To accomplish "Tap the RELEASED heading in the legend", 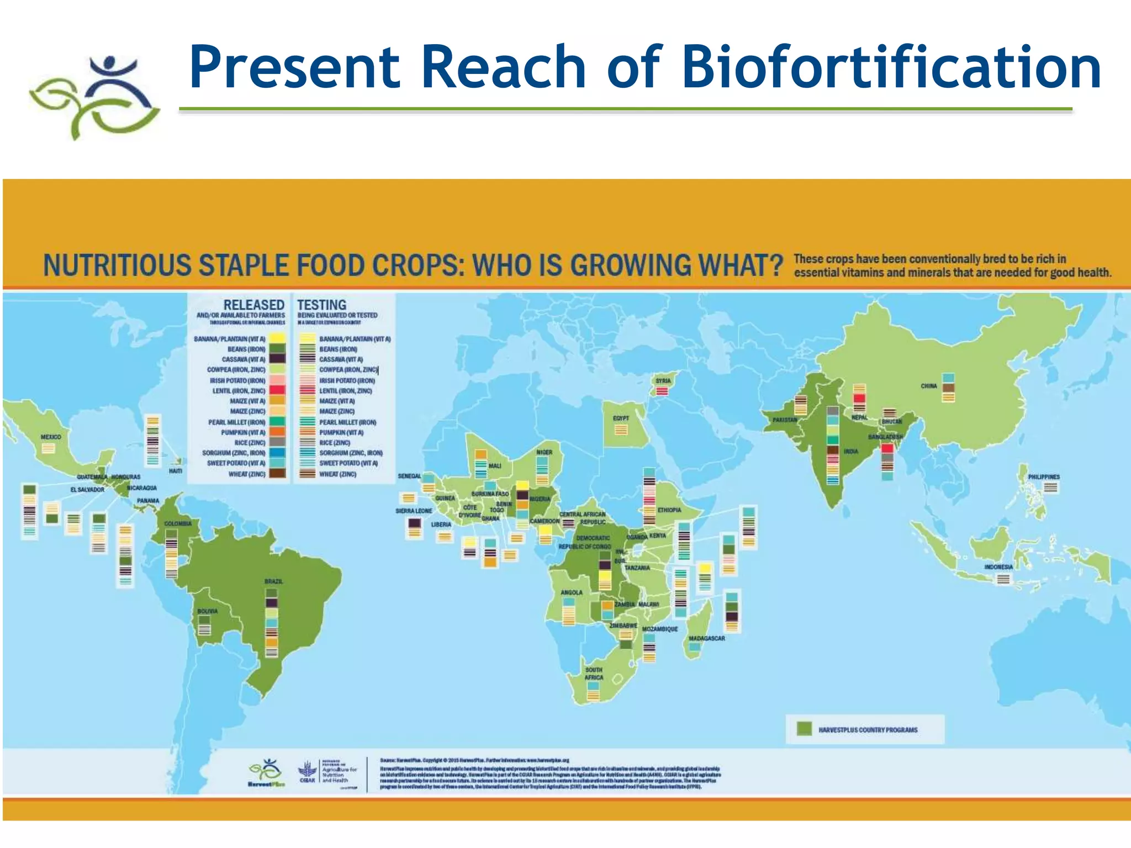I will coord(253,305).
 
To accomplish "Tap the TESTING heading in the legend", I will coord(321,305).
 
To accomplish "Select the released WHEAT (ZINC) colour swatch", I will coord(277,474).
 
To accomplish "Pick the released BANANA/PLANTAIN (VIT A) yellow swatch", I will coord(277,338).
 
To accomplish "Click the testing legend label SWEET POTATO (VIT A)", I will coord(348,463).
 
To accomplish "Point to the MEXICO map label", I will coord(51,437).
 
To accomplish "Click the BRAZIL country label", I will coord(273,581).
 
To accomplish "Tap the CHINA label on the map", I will coord(929,386).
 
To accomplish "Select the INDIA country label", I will coord(850,451).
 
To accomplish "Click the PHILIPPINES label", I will coord(1044,476).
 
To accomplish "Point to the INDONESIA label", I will coord(998,567).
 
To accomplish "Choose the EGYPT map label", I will coord(621,418).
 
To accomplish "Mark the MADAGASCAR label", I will coord(706,638).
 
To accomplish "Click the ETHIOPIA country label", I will coord(669,510).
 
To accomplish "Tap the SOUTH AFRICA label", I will coord(594,674).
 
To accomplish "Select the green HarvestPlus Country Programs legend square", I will coord(804,729).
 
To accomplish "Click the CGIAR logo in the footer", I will coord(307,772).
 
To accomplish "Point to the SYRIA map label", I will coord(663,381).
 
